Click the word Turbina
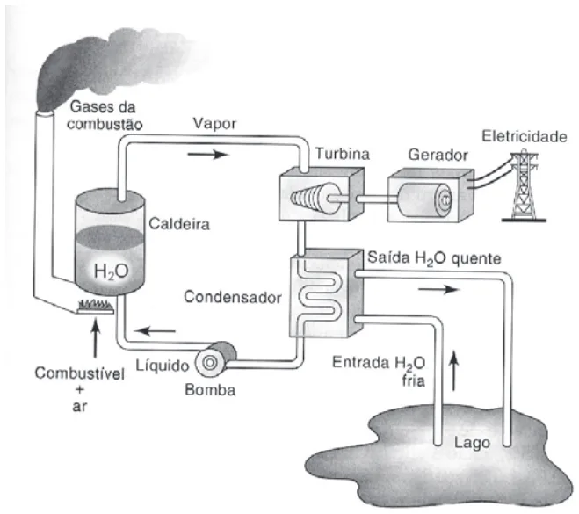pos(343,154)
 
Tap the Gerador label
pos(438,155)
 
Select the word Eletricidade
pos(525,136)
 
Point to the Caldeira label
pos(179,224)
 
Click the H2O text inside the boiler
pos(112,271)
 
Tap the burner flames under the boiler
pos(95,307)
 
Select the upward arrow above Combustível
pos(95,339)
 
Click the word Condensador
pos(233,297)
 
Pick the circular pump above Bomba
pos(211,363)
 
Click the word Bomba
pos(210,390)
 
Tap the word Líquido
pos(163,366)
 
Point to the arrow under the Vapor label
pos(208,154)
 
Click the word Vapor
pos(214,124)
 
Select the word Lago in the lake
pos(472,442)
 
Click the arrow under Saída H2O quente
pos(438,289)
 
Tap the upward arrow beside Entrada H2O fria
pos(454,371)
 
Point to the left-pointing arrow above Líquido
pos(155,331)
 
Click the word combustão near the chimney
pos(105,125)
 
